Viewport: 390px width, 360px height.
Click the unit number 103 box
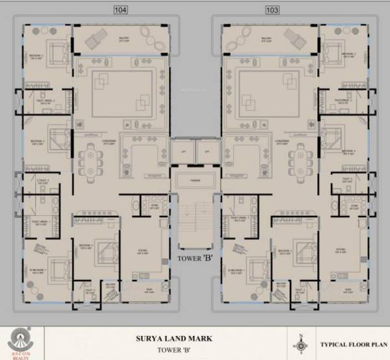pyautogui.click(x=272, y=10)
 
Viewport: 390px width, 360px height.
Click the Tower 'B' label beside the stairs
pyautogui.click(x=194, y=257)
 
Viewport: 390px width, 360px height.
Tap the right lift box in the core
pyautogui.click(x=207, y=152)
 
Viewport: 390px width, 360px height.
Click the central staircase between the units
pyautogui.click(x=194, y=224)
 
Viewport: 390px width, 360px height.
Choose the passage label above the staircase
pyautogui.click(x=195, y=180)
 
